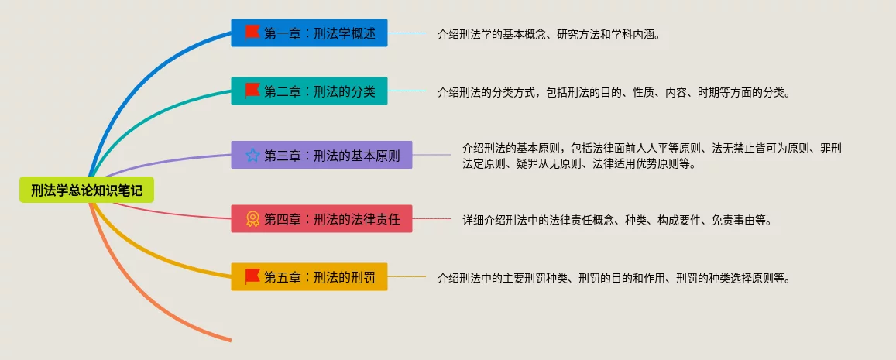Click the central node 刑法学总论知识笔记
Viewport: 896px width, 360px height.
pos(87,190)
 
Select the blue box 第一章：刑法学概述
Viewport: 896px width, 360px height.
pos(309,33)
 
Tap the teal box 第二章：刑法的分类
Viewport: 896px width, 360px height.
pos(309,91)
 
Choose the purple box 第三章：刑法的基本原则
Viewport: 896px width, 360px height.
pos(321,155)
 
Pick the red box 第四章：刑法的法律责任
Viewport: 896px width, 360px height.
pos(321,219)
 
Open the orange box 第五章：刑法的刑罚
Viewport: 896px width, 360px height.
pos(309,276)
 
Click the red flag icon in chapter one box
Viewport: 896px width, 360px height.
pos(252,33)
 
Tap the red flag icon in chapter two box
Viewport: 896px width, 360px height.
pos(252,91)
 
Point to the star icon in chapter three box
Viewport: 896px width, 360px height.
pos(252,155)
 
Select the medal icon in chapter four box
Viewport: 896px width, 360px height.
pos(252,219)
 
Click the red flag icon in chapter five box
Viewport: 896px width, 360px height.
pos(252,276)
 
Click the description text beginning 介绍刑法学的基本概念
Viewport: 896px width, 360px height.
pos(549,34)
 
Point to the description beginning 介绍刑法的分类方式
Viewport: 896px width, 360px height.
pos(613,93)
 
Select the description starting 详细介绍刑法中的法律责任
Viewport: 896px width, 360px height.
pos(617,221)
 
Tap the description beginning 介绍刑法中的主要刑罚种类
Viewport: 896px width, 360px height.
pos(613,279)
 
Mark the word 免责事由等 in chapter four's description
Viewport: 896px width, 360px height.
pos(740,221)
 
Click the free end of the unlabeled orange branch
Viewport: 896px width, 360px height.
pos(231,341)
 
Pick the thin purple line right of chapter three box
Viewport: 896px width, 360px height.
pos(431,155)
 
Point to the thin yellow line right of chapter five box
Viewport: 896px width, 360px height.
pos(407,276)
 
